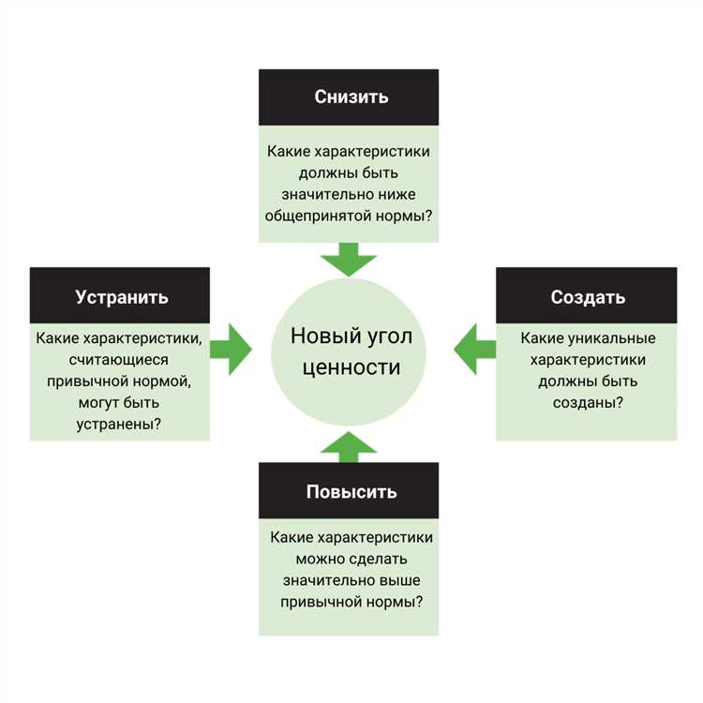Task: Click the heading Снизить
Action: [x=351, y=97]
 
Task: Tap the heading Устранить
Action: [x=122, y=297]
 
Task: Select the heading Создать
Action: [x=588, y=297]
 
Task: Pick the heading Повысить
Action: [x=351, y=492]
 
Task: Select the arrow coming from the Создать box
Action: [x=474, y=349]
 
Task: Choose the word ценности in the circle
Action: [x=351, y=366]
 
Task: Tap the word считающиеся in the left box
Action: [x=119, y=359]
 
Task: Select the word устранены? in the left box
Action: [x=118, y=423]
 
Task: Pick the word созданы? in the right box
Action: [x=587, y=402]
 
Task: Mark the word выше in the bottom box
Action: [x=400, y=580]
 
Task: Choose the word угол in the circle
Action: [x=389, y=336]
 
